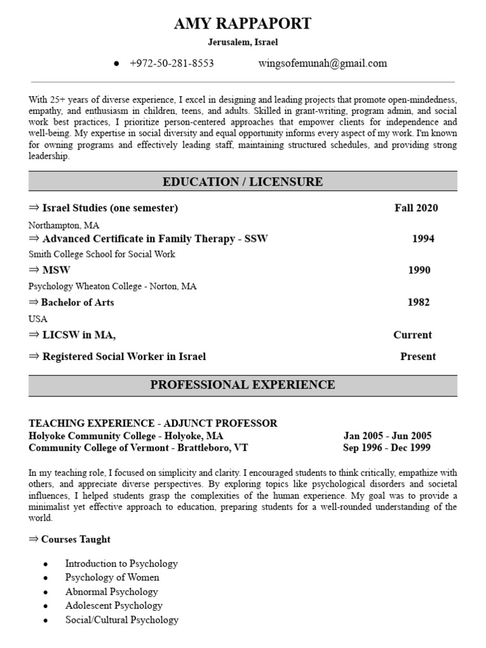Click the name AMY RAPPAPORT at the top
click(x=243, y=24)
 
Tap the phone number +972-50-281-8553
click(x=171, y=63)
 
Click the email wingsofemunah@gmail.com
click(x=323, y=63)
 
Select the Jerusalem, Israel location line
click(x=243, y=42)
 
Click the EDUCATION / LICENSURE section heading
click(x=243, y=182)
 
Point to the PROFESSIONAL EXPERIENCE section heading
click(x=243, y=385)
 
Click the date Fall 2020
click(x=416, y=208)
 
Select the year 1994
click(x=423, y=239)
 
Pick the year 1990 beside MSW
click(x=419, y=270)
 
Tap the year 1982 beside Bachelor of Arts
click(x=418, y=302)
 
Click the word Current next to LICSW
click(x=413, y=335)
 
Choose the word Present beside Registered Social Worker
click(x=418, y=356)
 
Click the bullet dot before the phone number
click(x=116, y=64)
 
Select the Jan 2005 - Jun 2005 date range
click(x=387, y=436)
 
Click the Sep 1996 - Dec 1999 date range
click(x=387, y=447)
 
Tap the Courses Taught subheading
click(x=75, y=539)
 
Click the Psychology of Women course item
click(x=112, y=577)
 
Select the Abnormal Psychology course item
click(x=111, y=592)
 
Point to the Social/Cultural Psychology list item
click(x=121, y=620)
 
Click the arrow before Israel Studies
click(x=34, y=208)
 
